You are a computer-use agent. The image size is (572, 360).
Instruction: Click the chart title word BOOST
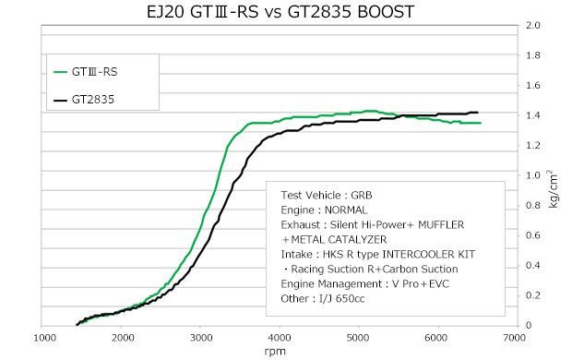pos(386,12)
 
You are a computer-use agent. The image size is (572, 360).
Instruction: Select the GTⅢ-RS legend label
pos(94,72)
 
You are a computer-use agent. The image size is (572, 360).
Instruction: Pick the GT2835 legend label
pos(93,100)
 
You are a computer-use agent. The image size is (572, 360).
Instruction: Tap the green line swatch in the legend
pos(60,72)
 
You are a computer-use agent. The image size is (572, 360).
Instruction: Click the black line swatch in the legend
pos(60,100)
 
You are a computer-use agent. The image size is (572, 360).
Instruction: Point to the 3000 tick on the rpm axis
pos(200,338)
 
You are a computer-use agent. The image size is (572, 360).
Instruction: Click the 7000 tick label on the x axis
pos(515,338)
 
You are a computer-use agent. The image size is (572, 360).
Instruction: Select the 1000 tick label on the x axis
pos(45,338)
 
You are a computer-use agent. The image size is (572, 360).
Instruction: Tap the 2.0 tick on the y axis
pos(533,25)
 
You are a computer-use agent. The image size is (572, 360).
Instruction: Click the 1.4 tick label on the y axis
pos(533,115)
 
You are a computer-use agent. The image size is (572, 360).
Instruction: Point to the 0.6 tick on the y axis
pos(533,235)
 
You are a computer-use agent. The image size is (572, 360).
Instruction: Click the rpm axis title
pos(275,352)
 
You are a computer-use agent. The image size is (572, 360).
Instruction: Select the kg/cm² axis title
pos(553,189)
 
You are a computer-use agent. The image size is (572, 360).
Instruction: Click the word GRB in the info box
pos(362,196)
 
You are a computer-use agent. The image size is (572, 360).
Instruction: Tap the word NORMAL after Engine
pos(346,210)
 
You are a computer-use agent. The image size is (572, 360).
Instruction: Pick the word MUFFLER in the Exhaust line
pos(441,225)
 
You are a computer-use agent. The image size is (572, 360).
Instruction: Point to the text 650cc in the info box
pos(350,299)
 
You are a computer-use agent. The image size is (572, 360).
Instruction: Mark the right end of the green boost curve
pos(481,123)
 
